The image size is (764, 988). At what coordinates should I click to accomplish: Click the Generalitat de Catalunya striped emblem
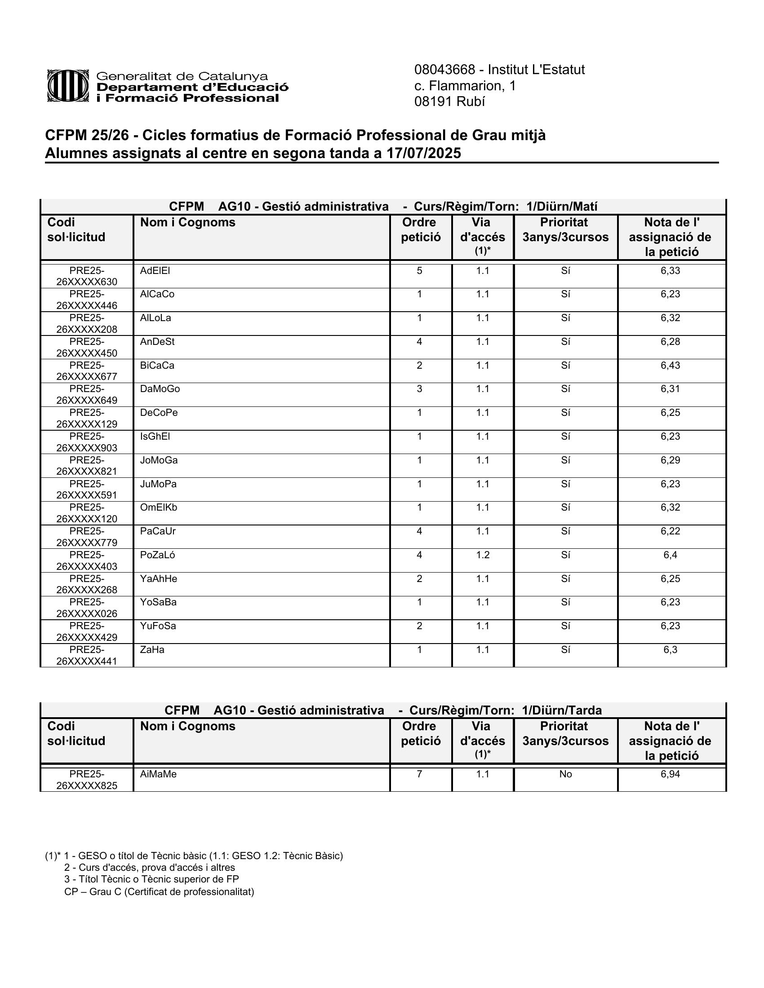[68, 85]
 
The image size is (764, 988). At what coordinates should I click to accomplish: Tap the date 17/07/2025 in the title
[423, 153]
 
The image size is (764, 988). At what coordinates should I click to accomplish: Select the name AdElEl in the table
[155, 270]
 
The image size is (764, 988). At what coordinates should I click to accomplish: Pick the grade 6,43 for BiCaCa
[670, 365]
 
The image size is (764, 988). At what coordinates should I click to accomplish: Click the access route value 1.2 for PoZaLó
[483, 555]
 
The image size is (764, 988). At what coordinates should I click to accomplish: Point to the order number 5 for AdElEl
[420, 270]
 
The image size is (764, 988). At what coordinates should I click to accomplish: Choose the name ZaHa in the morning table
[152, 650]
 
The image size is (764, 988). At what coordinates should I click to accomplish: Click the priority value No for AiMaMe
[565, 774]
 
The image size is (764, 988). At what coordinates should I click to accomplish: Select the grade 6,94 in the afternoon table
[670, 774]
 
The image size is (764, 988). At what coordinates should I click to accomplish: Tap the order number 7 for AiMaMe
[420, 774]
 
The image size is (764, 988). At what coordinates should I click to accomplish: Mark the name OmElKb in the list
[158, 507]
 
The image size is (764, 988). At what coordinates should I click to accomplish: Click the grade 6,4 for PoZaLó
[670, 555]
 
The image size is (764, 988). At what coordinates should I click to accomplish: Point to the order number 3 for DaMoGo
[420, 388]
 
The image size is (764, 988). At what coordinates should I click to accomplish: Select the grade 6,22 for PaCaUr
[670, 531]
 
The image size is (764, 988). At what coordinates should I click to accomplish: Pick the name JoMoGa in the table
[159, 460]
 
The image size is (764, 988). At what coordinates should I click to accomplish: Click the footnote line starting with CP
[160, 891]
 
